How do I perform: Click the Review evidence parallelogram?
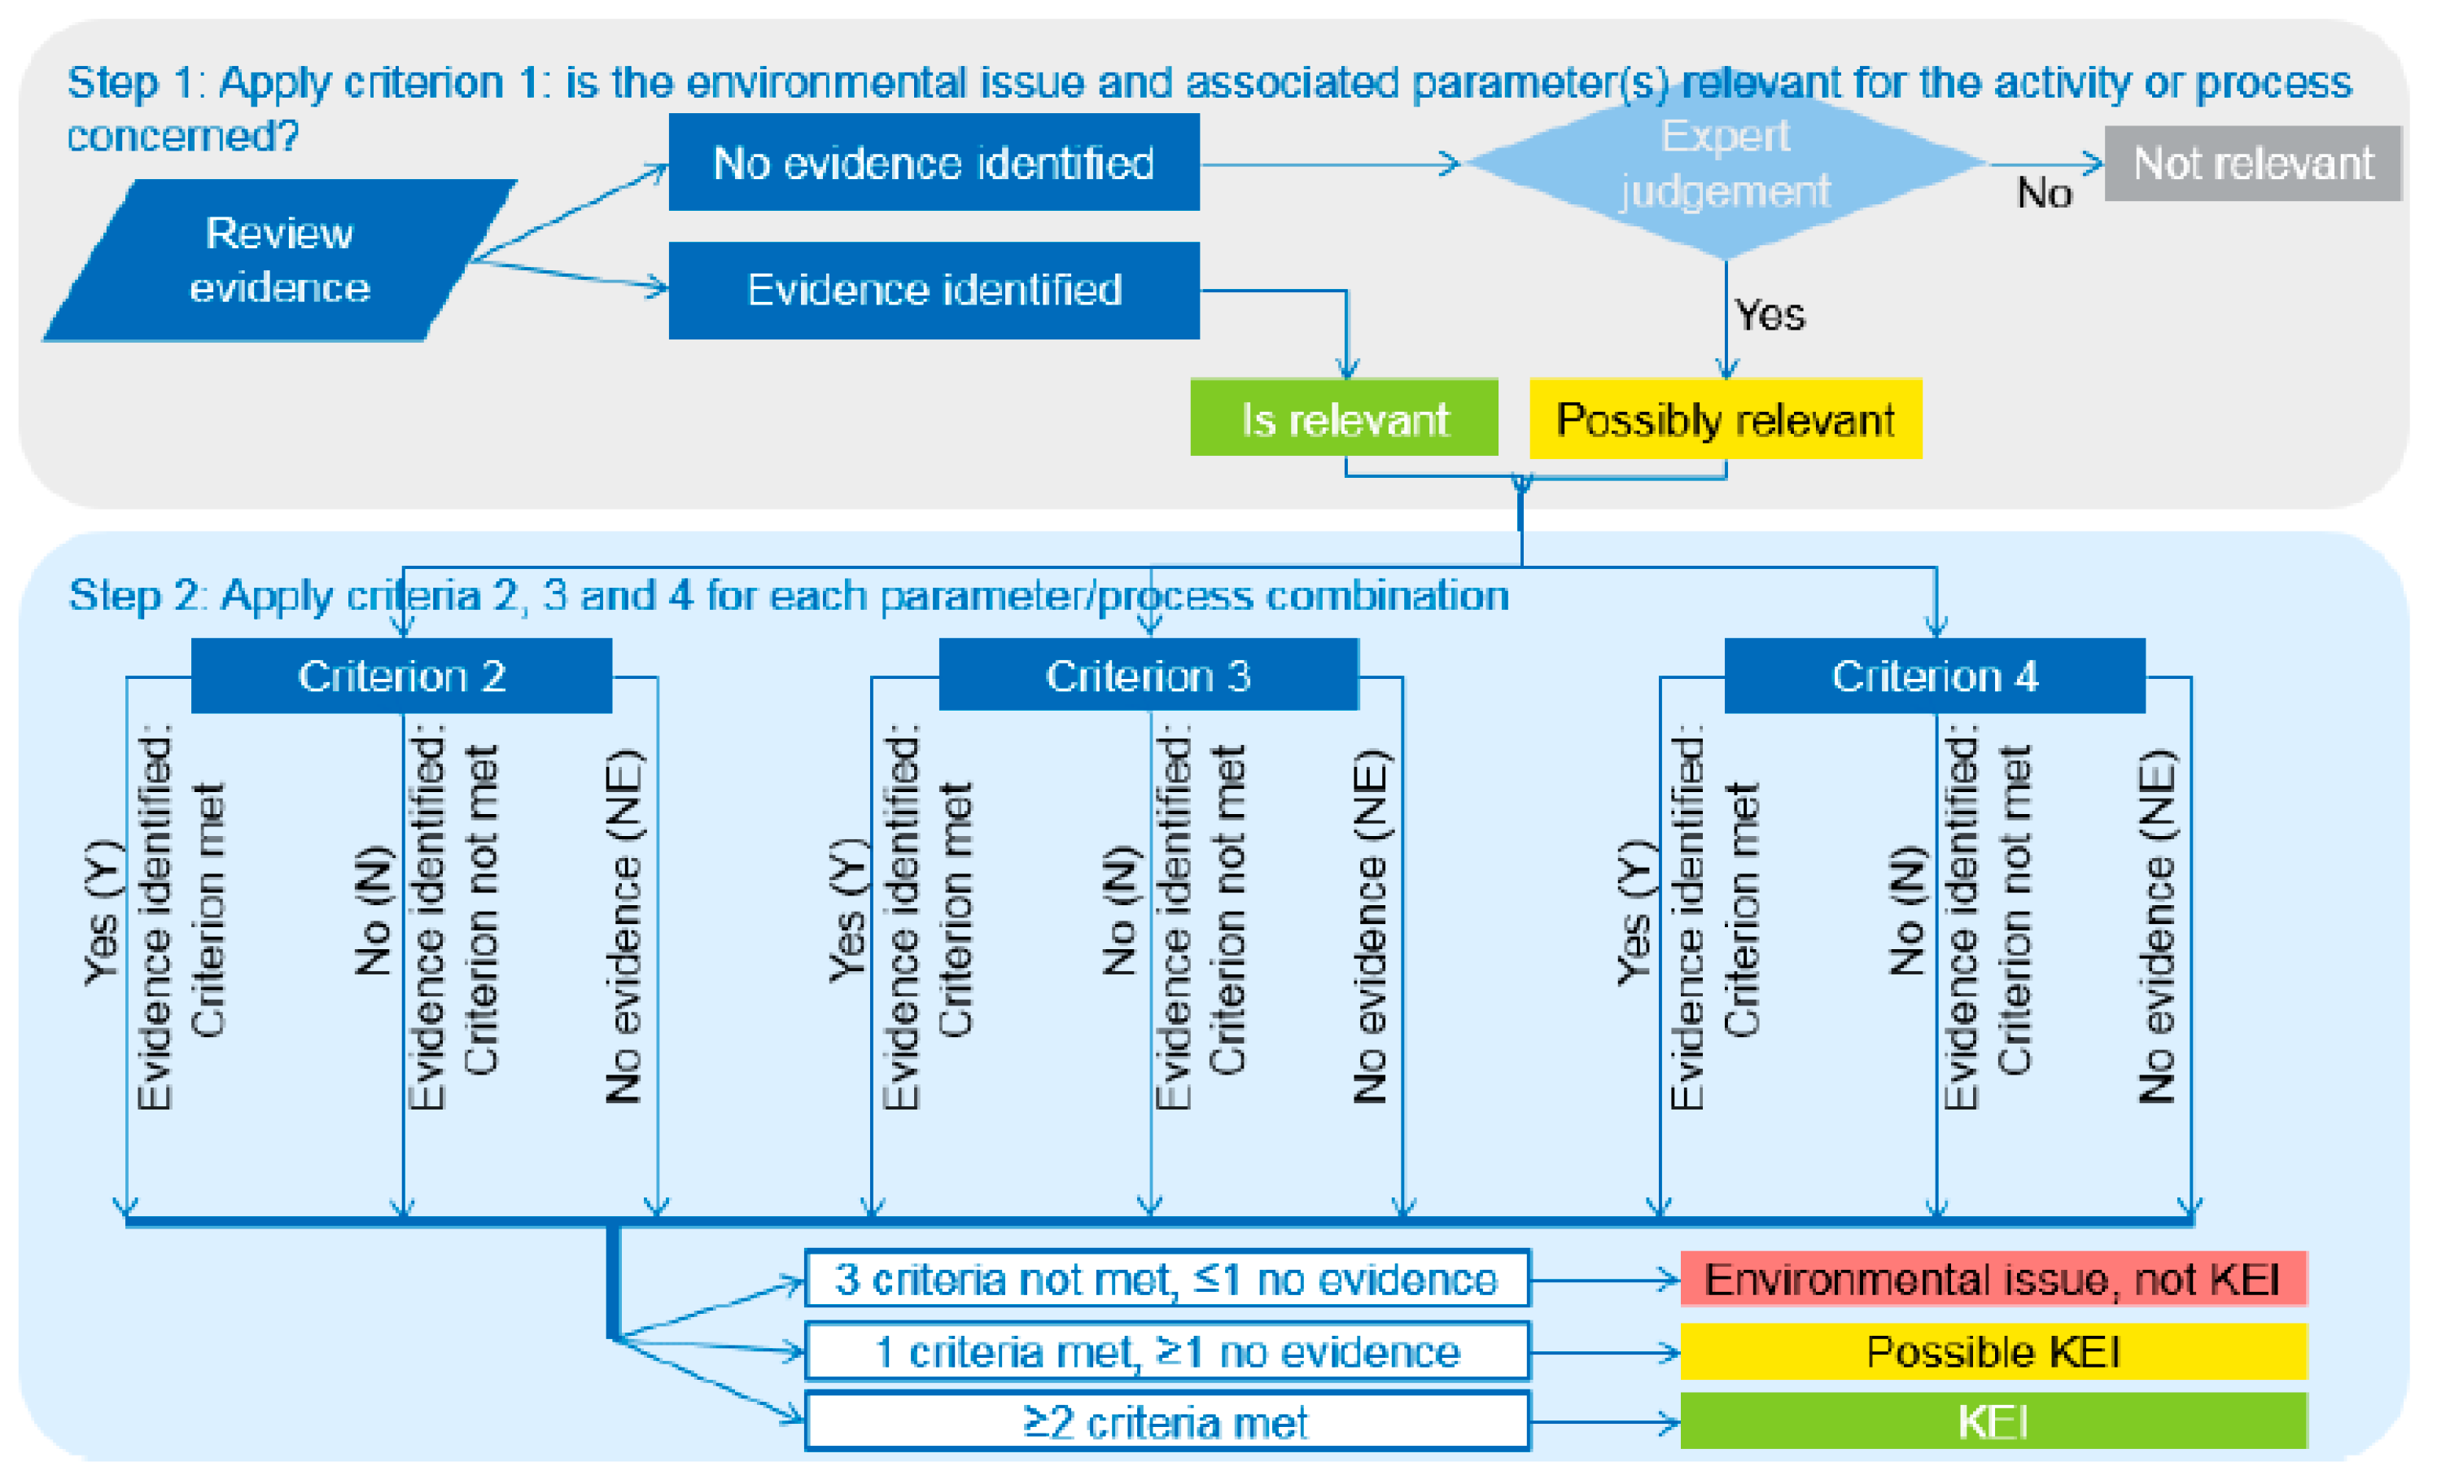click(x=279, y=260)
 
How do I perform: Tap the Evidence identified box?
click(x=934, y=290)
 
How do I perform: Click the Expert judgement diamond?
click(x=1725, y=164)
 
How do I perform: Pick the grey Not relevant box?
click(x=2252, y=164)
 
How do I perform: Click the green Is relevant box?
click(x=1344, y=418)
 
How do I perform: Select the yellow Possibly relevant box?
click(x=1725, y=418)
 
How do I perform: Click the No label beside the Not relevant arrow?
click(x=2043, y=193)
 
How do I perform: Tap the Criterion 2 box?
click(x=401, y=676)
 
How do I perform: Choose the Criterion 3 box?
click(x=1148, y=676)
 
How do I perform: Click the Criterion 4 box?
click(x=1935, y=676)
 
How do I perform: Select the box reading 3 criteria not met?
click(x=1167, y=1279)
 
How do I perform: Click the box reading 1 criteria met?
click(x=1167, y=1351)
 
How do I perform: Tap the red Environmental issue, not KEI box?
click(x=1993, y=1279)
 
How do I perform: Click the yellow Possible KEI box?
click(x=1993, y=1351)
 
